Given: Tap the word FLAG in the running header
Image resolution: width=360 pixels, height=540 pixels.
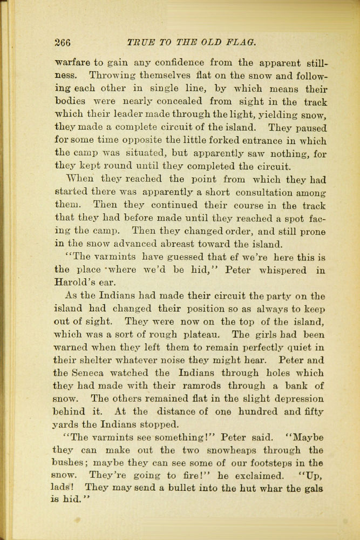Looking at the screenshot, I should tap(239, 42).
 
